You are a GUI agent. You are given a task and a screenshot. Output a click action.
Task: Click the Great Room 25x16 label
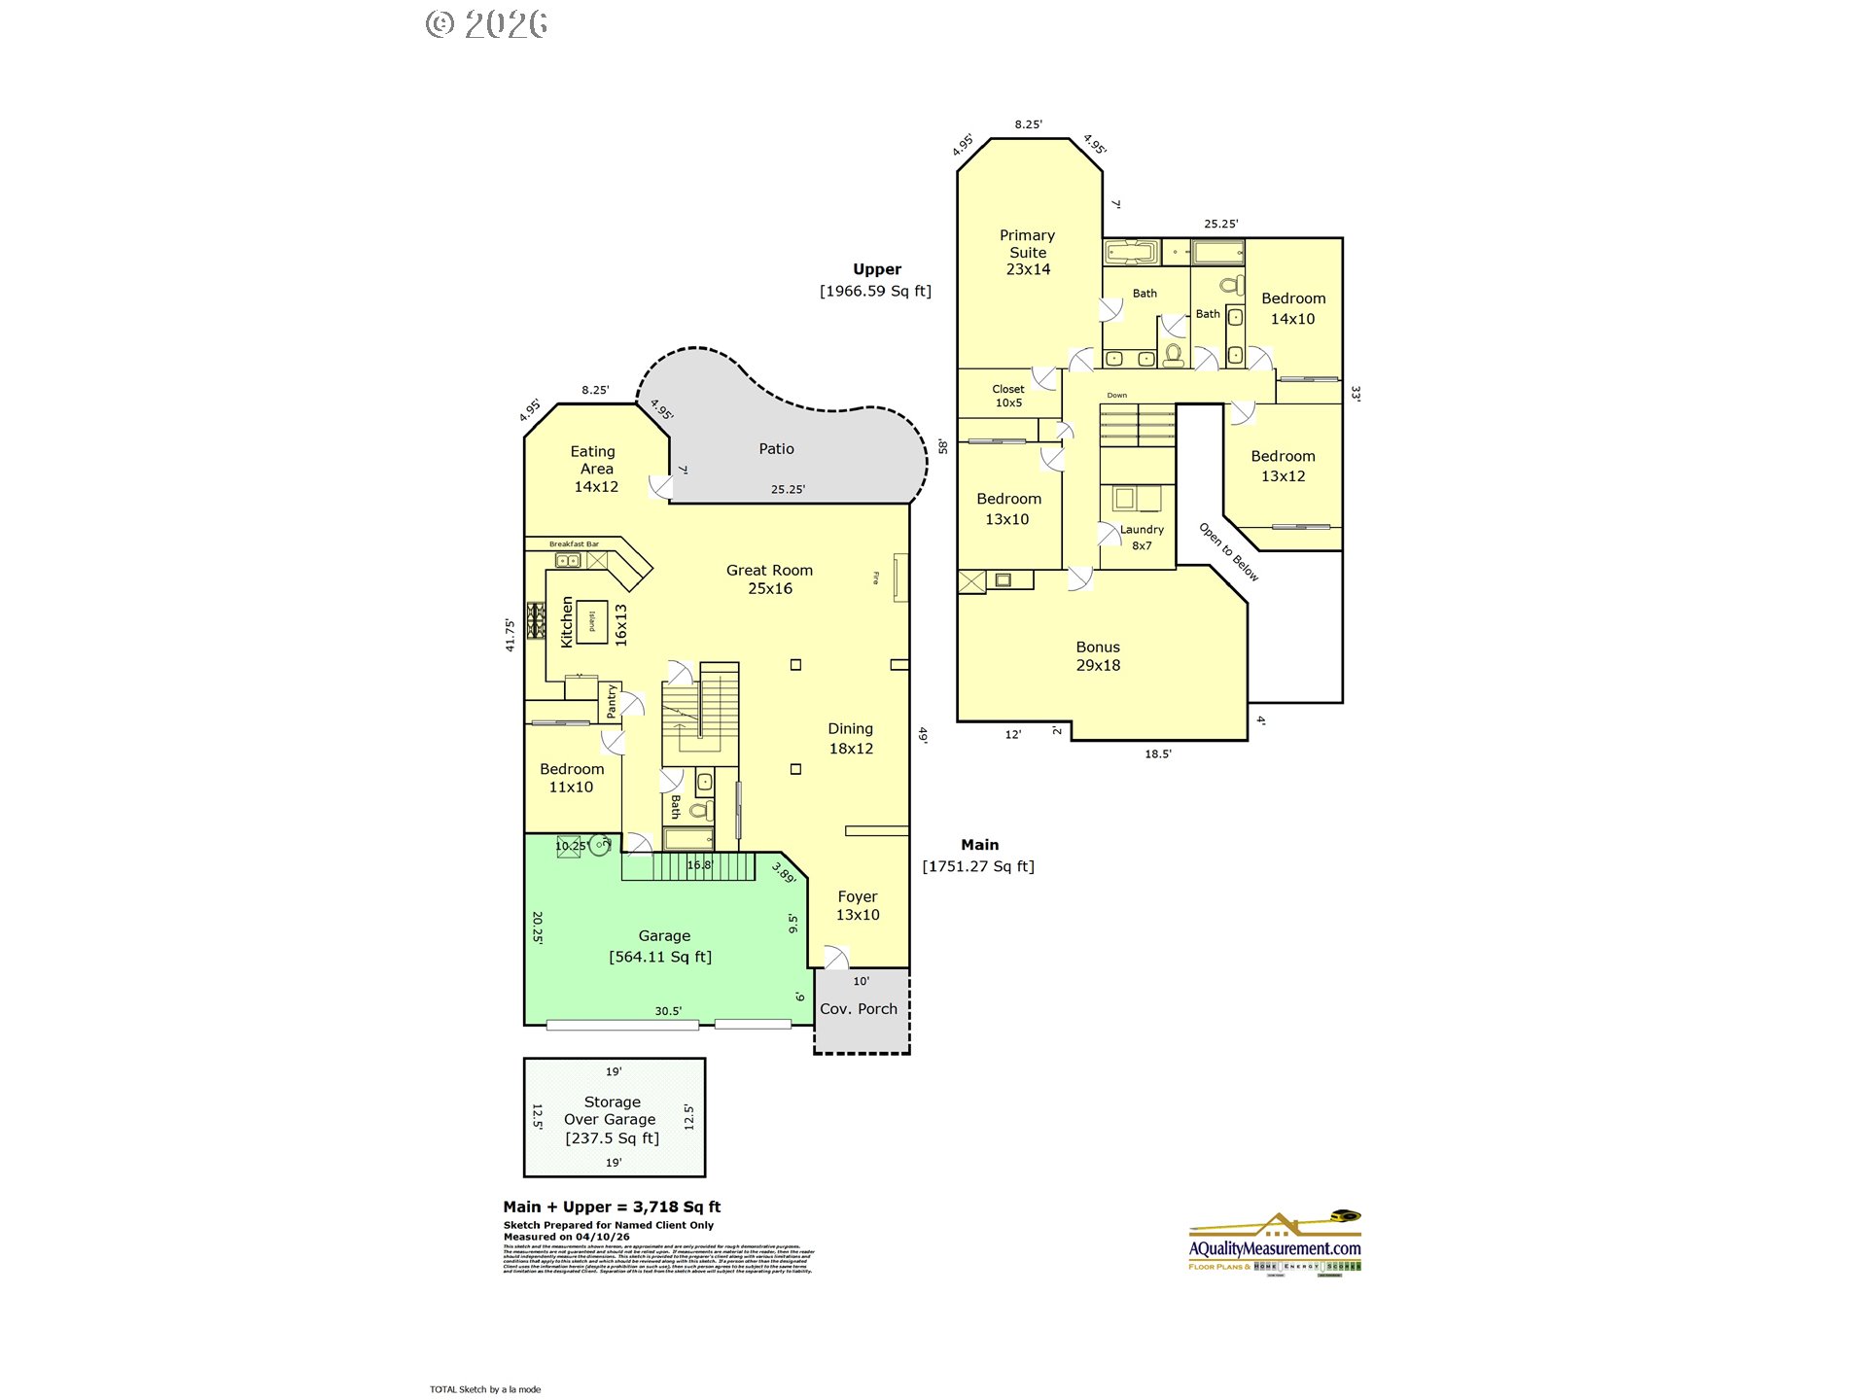click(x=769, y=579)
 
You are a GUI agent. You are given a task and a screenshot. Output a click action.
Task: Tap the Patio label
click(x=776, y=449)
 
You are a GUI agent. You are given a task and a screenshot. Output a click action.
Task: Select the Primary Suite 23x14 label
click(x=1028, y=252)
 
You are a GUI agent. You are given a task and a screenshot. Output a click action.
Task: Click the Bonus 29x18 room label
click(x=1098, y=656)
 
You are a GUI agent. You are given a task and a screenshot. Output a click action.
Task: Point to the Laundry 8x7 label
click(x=1142, y=538)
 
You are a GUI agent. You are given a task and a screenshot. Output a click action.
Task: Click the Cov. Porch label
click(x=859, y=1009)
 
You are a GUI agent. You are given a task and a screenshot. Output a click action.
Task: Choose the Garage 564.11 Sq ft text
click(x=661, y=947)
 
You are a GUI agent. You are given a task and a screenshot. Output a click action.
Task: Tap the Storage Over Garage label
click(x=612, y=1120)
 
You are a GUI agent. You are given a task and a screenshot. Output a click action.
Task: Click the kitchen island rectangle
click(x=592, y=621)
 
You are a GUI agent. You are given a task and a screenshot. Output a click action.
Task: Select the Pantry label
click(x=612, y=701)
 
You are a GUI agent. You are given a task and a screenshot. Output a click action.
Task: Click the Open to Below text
click(x=1228, y=552)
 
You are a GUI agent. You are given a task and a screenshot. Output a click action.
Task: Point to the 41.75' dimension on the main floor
click(x=510, y=634)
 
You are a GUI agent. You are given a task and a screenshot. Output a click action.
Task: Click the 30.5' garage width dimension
click(x=668, y=1011)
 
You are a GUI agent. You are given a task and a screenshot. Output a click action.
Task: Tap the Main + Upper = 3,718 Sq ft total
click(x=612, y=1207)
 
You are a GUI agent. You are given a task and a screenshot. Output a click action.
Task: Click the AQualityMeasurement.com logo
click(x=1275, y=1243)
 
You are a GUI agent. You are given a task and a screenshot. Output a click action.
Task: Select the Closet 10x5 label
click(x=1008, y=396)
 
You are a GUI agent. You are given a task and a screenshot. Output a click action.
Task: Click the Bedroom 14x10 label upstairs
click(x=1293, y=308)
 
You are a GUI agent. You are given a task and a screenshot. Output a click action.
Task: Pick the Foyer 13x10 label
click(x=858, y=905)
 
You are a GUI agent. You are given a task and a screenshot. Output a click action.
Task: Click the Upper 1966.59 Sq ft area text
click(x=876, y=281)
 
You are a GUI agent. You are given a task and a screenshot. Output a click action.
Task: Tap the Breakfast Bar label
click(x=574, y=544)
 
